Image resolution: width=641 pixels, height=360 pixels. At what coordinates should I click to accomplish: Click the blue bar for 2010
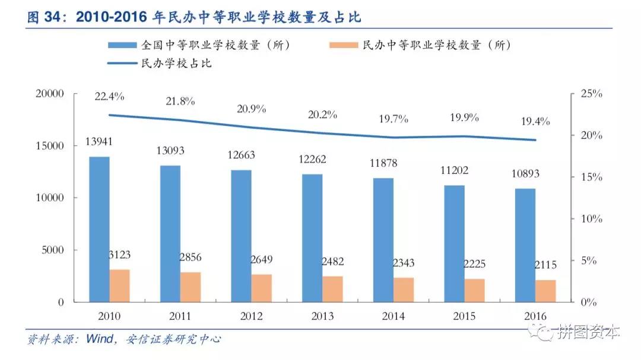pos(99,229)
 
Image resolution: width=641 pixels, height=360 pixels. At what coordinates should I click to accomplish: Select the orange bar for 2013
pos(332,289)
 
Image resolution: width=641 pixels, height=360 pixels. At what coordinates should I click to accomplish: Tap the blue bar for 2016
pos(525,245)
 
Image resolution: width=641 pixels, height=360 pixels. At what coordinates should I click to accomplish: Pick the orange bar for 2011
pos(191,287)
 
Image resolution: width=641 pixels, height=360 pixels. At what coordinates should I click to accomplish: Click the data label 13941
pos(99,142)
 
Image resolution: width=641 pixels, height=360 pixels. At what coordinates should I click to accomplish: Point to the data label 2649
pos(261,259)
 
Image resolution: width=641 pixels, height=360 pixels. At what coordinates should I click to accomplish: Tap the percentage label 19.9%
pos(464,117)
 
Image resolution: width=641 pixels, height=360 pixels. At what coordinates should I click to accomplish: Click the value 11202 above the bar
pos(454,171)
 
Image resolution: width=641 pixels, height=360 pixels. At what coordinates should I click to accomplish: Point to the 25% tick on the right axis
pos(591,94)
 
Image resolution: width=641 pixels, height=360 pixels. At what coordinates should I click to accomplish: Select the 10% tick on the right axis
pos(591,219)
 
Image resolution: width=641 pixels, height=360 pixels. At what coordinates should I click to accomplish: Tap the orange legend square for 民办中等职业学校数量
pos(342,45)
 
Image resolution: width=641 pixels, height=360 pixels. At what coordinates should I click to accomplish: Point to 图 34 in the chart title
pos(47,18)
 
